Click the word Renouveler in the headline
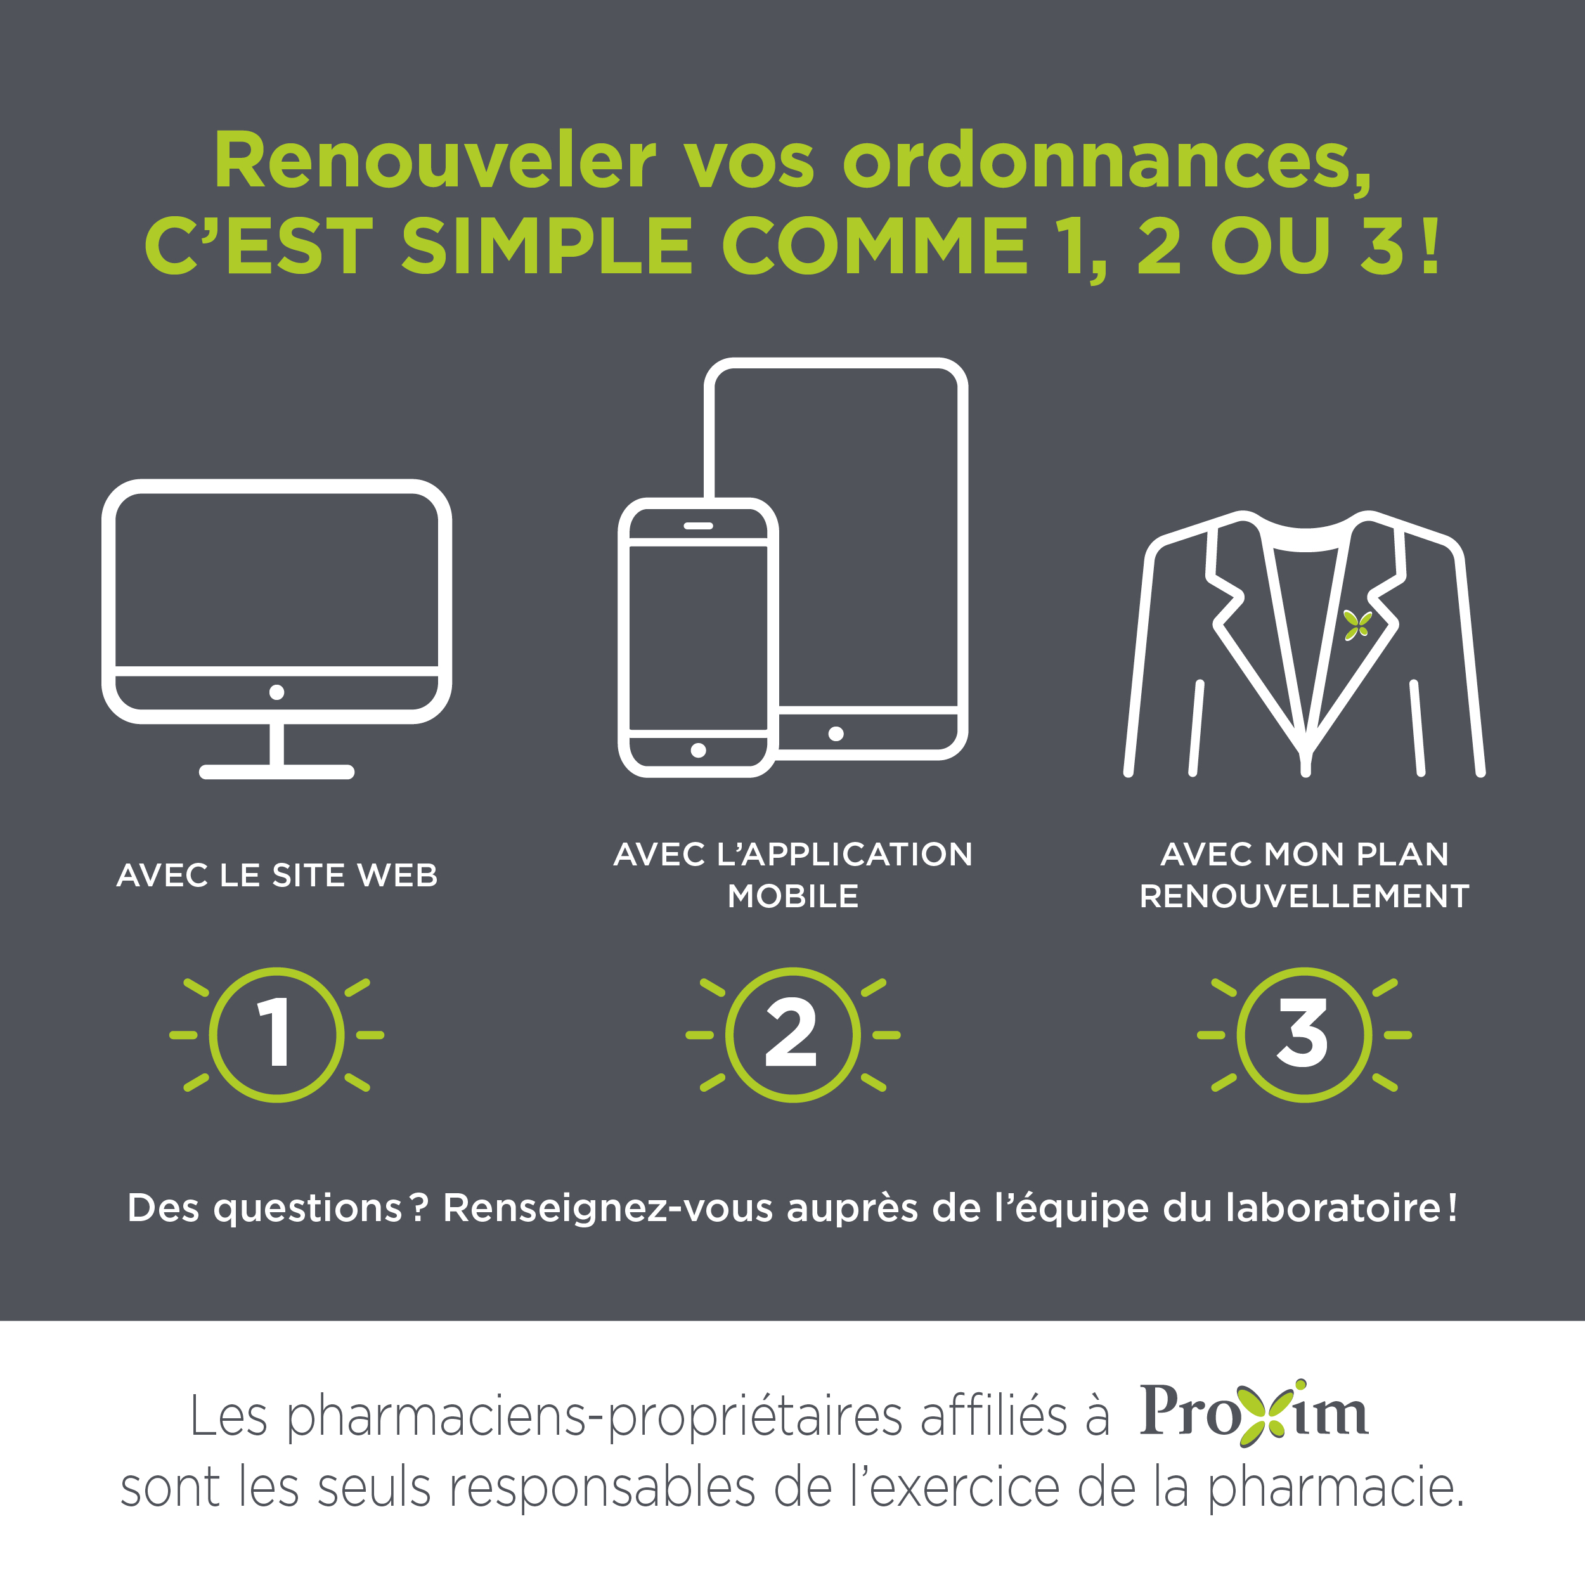click(x=435, y=161)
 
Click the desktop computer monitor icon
click(x=276, y=628)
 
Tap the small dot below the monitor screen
click(x=276, y=692)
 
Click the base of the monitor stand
click(x=276, y=771)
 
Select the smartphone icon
click(x=697, y=637)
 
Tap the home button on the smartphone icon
click(x=698, y=750)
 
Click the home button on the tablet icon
click(x=836, y=734)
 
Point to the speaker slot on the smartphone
click(x=698, y=526)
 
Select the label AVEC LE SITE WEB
click(x=277, y=876)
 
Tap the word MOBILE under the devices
click(x=793, y=896)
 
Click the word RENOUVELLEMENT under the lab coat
click(x=1304, y=896)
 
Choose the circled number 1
click(x=276, y=1035)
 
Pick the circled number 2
click(x=793, y=1035)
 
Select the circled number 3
click(x=1304, y=1035)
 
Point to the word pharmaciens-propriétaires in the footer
click(x=595, y=1418)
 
